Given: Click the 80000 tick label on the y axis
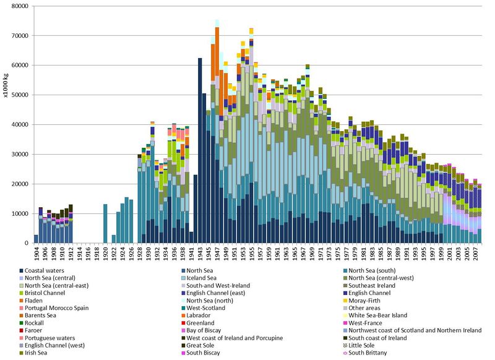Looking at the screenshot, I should (19, 6).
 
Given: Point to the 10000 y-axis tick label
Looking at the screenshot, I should (19, 214).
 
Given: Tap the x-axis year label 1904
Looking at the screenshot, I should (36, 254).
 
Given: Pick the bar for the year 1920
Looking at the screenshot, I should (105, 223).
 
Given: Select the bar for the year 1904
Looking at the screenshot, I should (36, 239).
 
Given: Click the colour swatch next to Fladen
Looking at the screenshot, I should (22, 296).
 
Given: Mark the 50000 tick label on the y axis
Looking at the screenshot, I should (19, 95).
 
